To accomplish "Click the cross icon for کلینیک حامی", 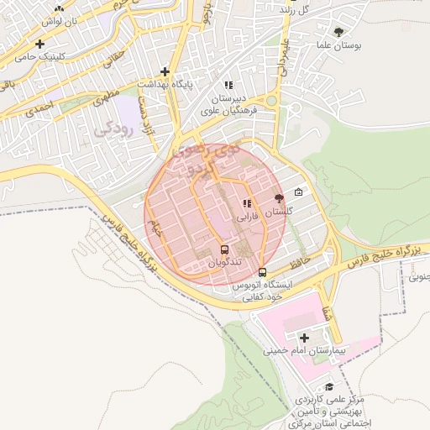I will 39,44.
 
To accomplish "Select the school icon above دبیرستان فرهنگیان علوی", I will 228,85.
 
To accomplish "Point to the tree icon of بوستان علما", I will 338,32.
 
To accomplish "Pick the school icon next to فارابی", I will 246,203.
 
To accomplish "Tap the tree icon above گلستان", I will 279,199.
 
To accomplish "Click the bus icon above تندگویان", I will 224,249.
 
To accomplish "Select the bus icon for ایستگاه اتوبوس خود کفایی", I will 263,272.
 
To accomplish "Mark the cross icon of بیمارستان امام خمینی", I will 303,337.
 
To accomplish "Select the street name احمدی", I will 39,107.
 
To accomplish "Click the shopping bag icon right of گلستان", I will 298,192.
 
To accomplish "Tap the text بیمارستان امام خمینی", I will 298,351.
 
